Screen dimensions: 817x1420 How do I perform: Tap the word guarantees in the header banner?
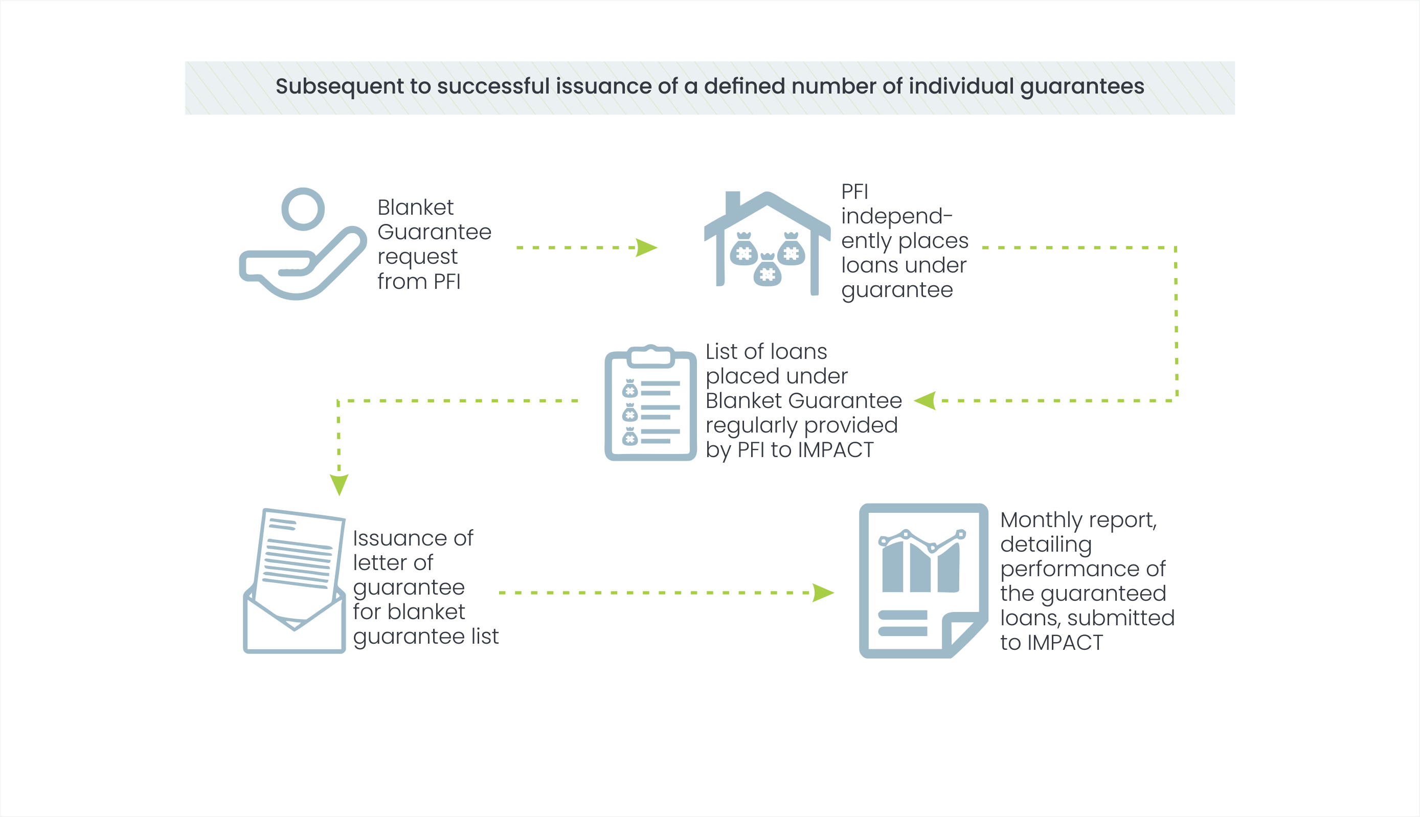tap(1081, 87)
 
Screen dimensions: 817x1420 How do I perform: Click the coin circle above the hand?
tap(303, 209)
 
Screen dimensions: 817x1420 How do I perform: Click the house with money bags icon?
tap(767, 244)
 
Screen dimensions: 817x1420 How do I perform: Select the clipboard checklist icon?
tap(650, 404)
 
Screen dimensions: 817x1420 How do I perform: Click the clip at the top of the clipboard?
tap(650, 356)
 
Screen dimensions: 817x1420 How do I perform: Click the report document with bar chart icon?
tap(923, 581)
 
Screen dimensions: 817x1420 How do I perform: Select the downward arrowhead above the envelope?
tap(339, 484)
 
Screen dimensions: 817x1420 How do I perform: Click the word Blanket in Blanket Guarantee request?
tap(415, 208)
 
